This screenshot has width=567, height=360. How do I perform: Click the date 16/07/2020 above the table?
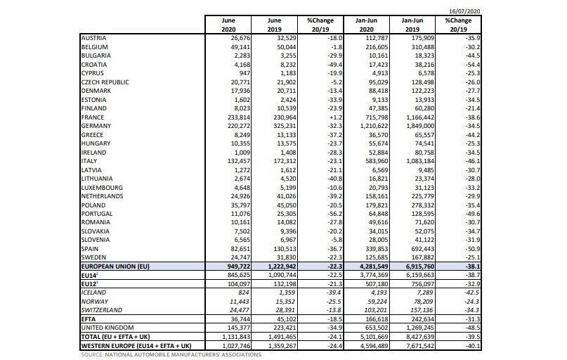click(x=464, y=11)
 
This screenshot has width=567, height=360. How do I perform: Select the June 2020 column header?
click(x=228, y=25)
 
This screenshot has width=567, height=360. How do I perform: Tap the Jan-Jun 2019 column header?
click(x=412, y=25)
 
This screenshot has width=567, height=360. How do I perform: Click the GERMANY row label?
click(x=96, y=126)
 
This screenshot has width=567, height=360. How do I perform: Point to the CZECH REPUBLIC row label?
click(x=105, y=82)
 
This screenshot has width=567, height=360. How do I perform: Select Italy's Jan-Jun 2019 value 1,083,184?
click(x=420, y=161)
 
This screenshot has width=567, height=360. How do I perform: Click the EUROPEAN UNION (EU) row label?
click(x=115, y=266)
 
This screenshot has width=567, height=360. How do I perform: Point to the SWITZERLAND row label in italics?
click(x=102, y=310)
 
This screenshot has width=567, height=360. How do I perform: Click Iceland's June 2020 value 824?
click(x=243, y=292)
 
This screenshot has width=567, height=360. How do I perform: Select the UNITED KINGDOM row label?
click(x=107, y=328)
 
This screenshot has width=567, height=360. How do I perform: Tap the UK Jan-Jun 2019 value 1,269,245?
click(x=420, y=328)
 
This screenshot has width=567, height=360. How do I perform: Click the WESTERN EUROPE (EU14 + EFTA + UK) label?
click(x=136, y=345)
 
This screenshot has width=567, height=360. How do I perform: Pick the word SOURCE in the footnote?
click(x=92, y=354)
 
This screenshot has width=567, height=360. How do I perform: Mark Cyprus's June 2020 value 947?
click(x=244, y=73)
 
